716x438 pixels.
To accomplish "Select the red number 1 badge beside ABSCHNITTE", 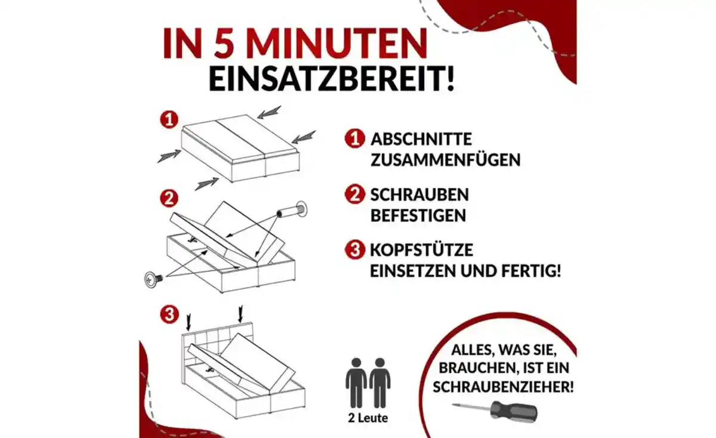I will coord(354,140).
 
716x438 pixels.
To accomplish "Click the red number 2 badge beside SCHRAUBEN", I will coord(354,195).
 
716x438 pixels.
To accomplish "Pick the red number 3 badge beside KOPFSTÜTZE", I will coord(354,249).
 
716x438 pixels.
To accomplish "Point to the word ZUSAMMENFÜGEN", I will coord(445,160).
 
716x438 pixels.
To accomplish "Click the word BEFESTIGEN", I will coord(418,215).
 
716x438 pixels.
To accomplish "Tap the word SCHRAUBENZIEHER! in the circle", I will coord(504,387).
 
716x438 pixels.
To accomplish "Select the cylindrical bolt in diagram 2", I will coord(293,211).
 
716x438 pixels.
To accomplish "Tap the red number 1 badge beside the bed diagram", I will coord(169,119).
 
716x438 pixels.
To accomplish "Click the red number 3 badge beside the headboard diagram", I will coord(169,313).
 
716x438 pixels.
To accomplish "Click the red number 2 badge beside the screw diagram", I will coord(169,198).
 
